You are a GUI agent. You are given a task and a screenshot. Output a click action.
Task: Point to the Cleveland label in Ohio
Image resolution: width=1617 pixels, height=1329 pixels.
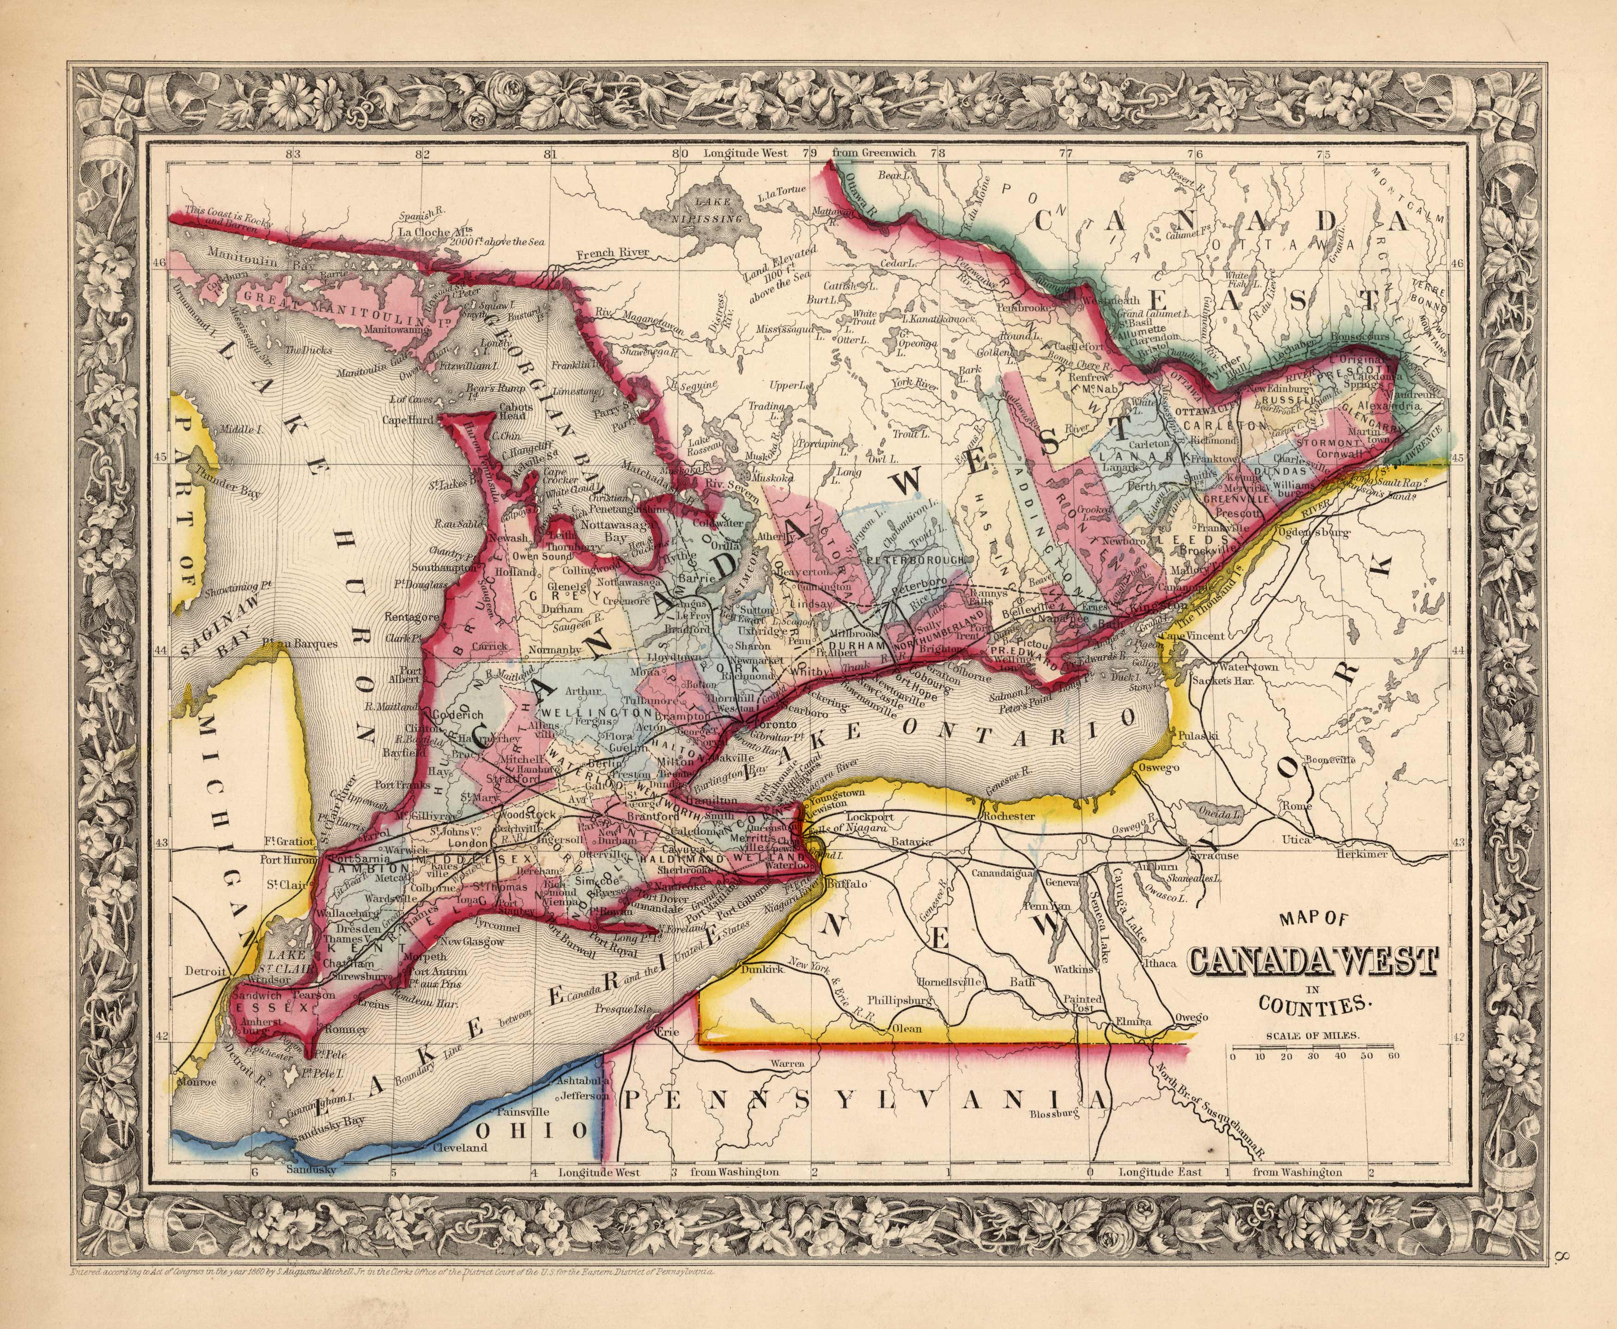(460, 1147)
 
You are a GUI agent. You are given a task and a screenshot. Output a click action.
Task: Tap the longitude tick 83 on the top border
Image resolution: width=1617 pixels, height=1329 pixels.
(293, 153)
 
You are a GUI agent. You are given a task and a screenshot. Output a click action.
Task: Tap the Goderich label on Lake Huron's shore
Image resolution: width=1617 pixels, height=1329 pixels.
(458, 714)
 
